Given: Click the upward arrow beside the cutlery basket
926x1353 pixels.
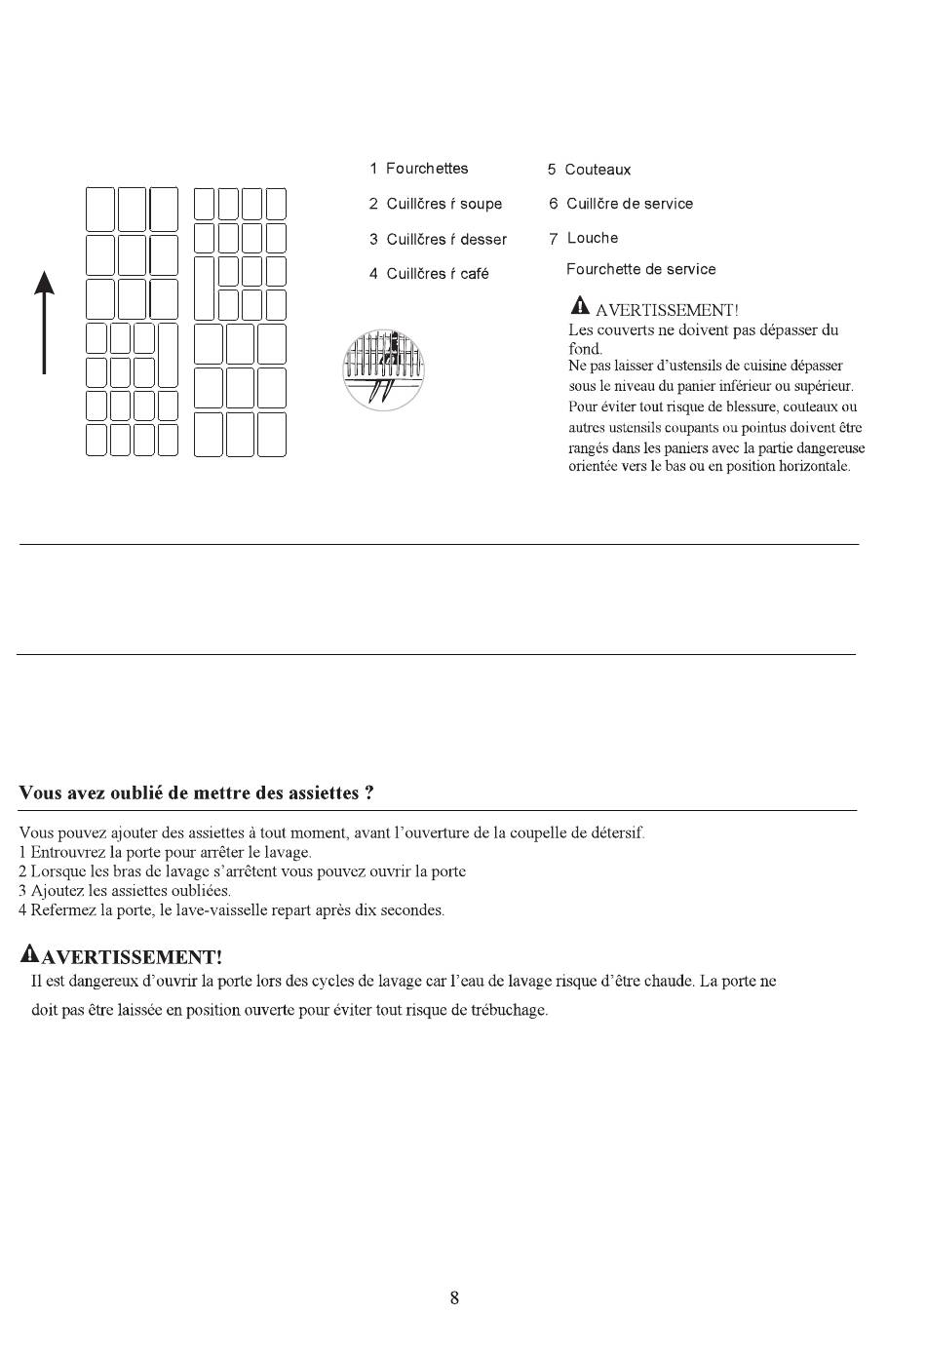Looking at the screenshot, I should (x=44, y=322).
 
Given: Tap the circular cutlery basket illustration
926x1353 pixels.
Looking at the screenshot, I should (x=384, y=369).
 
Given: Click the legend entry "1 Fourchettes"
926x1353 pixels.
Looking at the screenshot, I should (x=418, y=169).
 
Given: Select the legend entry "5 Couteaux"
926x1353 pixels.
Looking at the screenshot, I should (x=589, y=170).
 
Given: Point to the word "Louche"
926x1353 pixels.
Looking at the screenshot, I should (x=593, y=238).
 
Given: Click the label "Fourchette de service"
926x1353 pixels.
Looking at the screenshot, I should (x=640, y=269).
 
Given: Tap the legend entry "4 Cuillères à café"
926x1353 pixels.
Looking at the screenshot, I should (x=429, y=274).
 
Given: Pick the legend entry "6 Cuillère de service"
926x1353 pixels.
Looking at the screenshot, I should (x=621, y=204).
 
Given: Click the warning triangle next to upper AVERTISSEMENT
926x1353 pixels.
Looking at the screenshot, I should (x=580, y=306).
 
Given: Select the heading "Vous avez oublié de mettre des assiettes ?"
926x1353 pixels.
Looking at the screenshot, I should (x=196, y=792).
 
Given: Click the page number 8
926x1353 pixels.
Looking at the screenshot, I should (x=454, y=1297).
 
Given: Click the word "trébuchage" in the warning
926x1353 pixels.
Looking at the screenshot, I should (x=508, y=1010).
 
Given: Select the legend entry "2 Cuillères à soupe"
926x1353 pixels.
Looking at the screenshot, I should (x=436, y=204).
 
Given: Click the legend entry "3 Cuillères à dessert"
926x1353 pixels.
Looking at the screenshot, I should (x=438, y=239).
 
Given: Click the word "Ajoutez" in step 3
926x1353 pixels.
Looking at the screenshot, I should (x=57, y=891).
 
